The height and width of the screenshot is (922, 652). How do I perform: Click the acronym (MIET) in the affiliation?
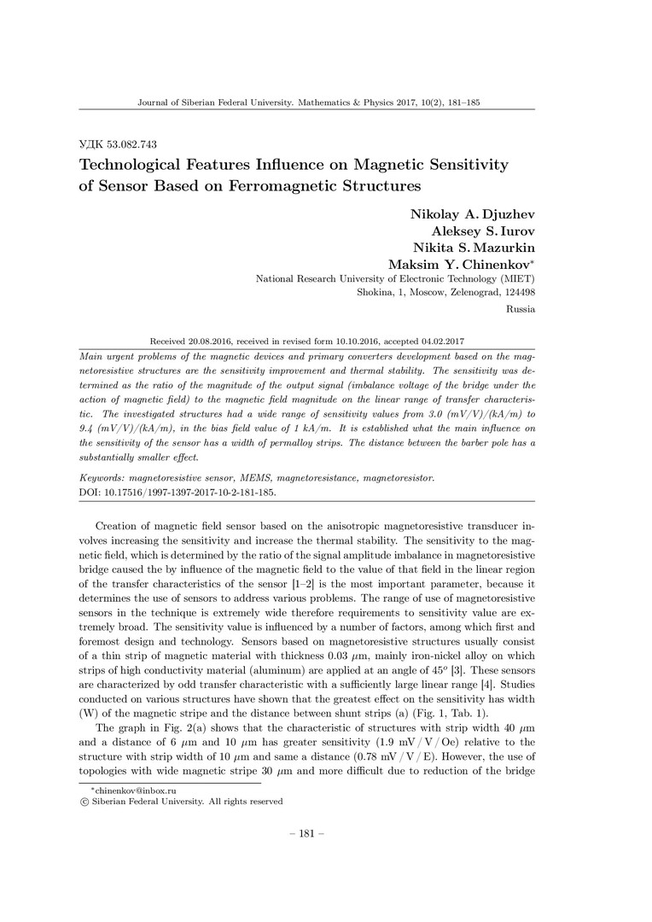click(x=519, y=279)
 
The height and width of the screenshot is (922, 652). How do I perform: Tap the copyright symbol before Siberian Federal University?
click(x=83, y=802)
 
